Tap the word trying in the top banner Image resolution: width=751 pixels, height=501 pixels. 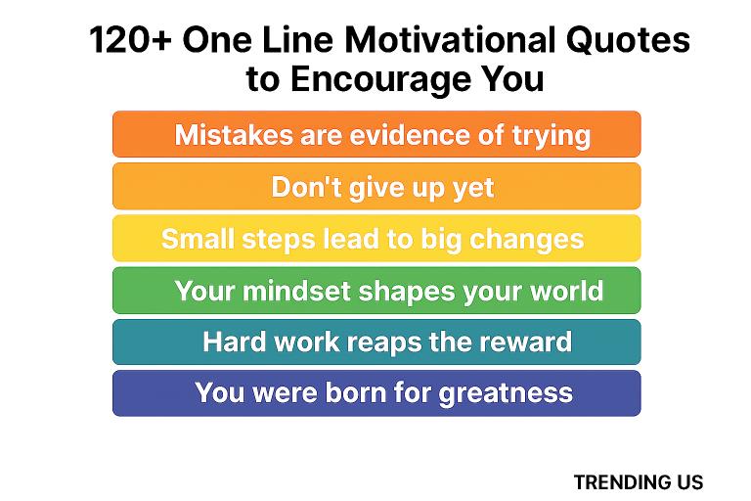click(546, 135)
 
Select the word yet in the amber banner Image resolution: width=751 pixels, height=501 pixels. click(473, 187)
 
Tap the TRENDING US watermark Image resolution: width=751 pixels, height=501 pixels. click(638, 481)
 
